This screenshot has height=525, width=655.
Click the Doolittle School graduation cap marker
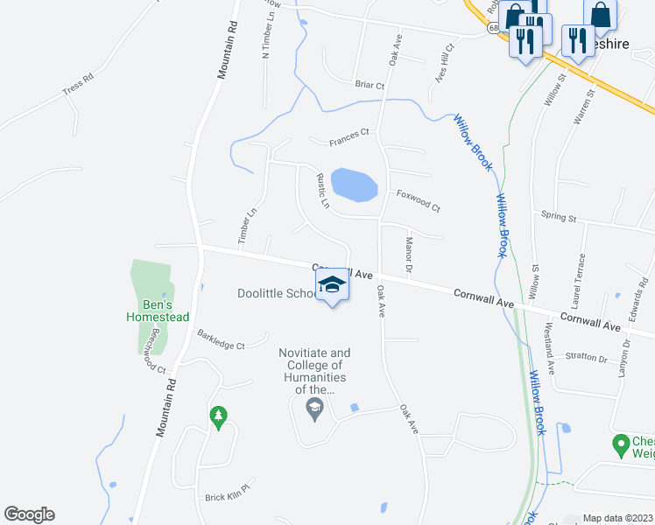pos(332,285)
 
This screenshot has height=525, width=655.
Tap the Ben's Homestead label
pos(158,310)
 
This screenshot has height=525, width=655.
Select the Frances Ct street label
pos(349,137)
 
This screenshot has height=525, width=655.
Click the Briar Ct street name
pos(370,85)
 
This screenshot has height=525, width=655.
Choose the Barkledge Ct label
pos(221,339)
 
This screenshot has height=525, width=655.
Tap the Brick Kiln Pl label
pos(228,497)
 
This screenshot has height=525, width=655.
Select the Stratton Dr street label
pos(586,357)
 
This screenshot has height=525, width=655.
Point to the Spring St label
pos(559,215)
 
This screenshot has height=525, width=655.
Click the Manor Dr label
pos(408,254)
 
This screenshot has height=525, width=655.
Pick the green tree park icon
pos(218,416)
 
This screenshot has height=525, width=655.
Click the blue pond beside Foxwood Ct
pos(354,185)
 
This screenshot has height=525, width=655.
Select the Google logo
pos(30,514)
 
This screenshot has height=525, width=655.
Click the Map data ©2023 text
pos(617,518)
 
